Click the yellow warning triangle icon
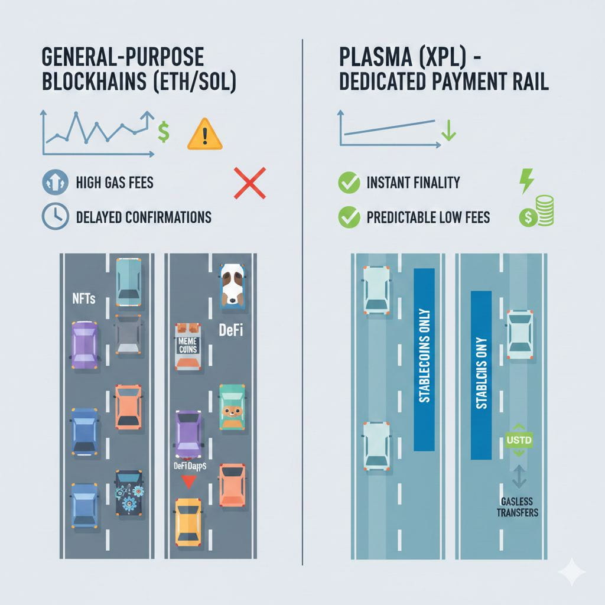(204, 134)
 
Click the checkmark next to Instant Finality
(349, 183)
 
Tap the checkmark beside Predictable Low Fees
(349, 217)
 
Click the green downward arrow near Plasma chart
(448, 131)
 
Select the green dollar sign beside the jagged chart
(164, 131)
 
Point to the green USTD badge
(519, 441)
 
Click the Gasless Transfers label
(516, 507)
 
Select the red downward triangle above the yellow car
(188, 483)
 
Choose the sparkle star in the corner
(571, 571)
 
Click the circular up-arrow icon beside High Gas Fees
(56, 183)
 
